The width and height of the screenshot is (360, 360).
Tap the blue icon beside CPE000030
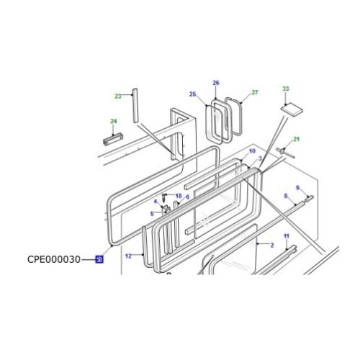point(99,259)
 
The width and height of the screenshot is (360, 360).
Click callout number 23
point(118,96)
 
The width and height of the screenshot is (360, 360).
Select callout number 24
point(113,121)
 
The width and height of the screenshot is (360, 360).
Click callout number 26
point(215,84)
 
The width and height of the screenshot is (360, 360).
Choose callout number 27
point(254,92)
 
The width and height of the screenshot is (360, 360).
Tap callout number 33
point(285,89)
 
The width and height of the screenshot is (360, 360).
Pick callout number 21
point(296,139)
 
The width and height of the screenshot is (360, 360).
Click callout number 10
point(252,150)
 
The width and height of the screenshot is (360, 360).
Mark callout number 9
point(299,189)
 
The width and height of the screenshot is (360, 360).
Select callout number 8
point(286,196)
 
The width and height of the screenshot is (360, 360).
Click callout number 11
point(286,237)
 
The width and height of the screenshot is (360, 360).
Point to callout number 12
point(128,256)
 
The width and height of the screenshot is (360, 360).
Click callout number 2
point(272,246)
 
